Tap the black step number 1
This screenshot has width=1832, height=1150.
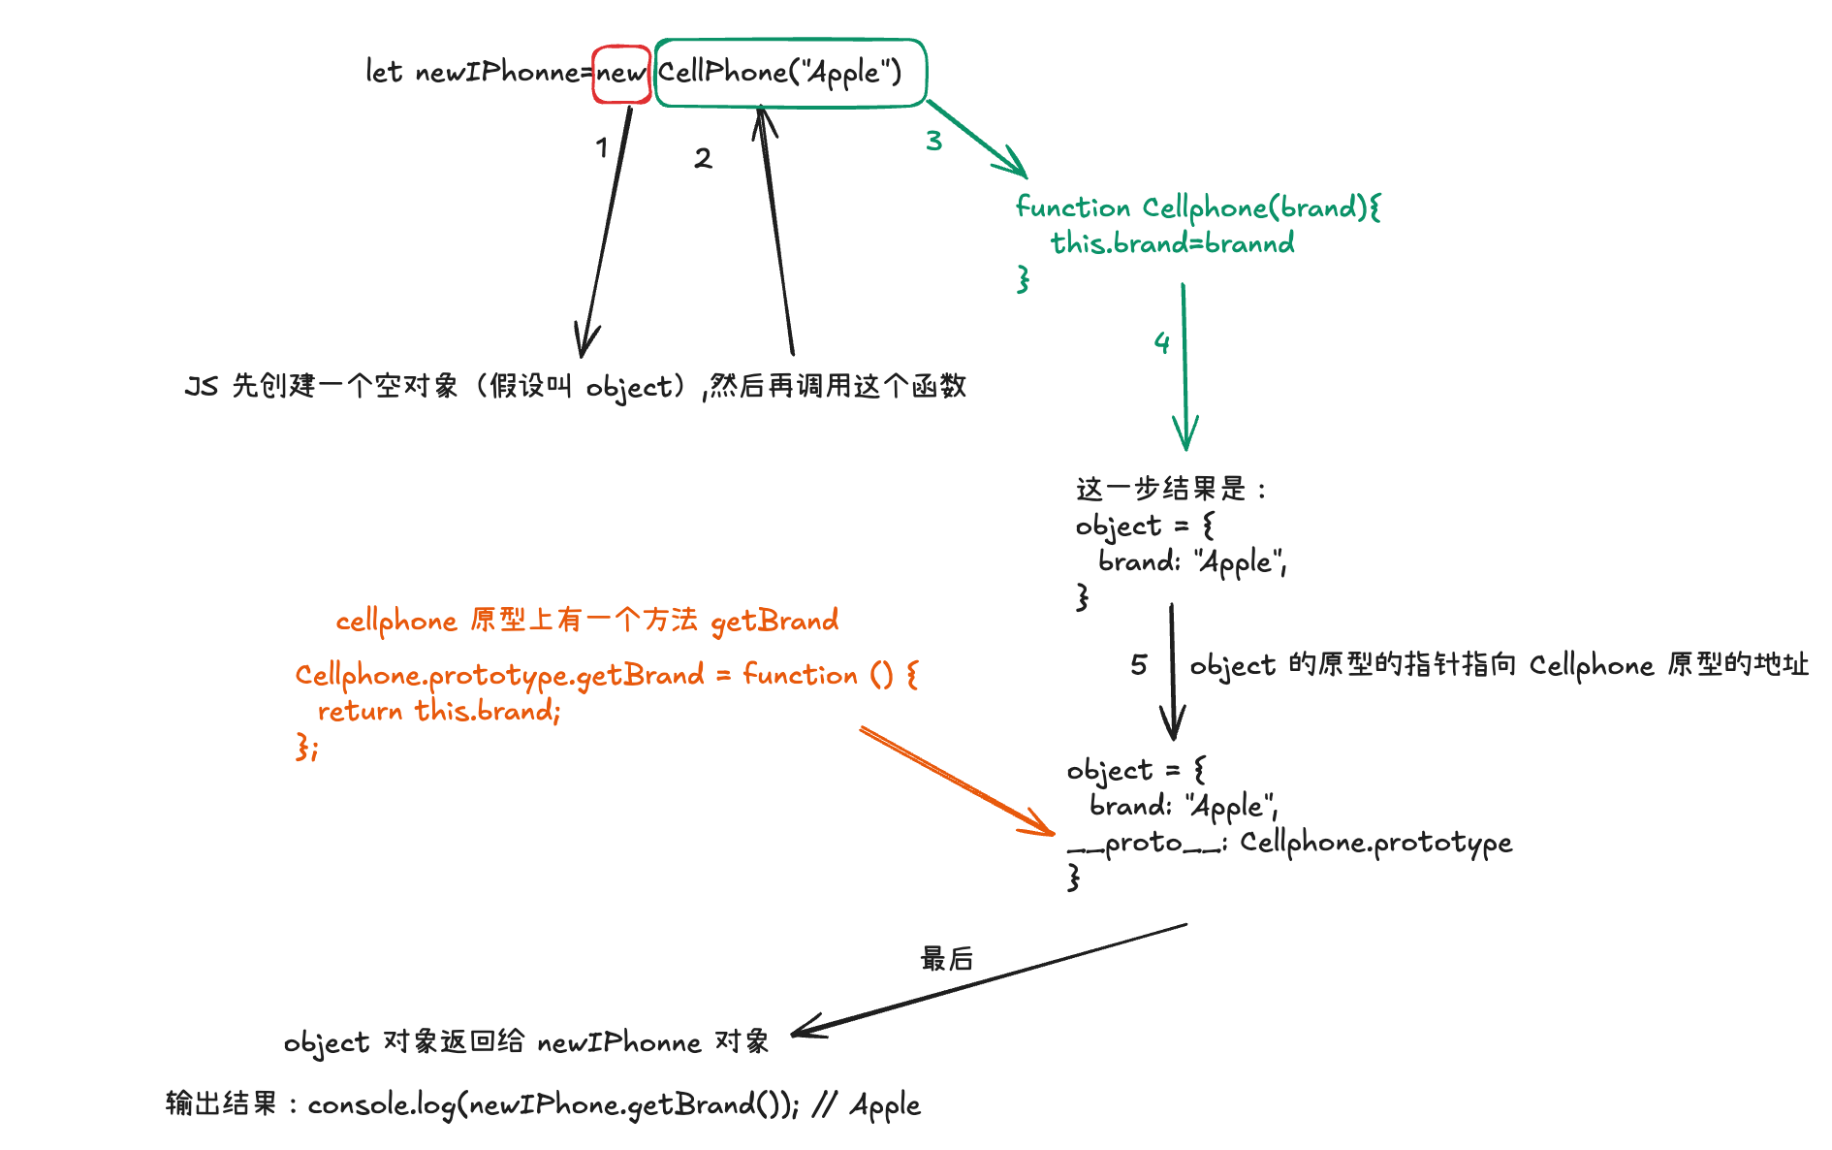602,148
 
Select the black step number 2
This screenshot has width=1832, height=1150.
703,158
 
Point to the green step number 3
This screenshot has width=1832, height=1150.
933,141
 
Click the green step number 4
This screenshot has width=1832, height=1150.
1161,342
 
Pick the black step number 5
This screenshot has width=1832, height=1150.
1139,665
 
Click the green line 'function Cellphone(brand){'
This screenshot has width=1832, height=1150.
1198,208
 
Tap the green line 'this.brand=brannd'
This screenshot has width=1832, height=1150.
1172,243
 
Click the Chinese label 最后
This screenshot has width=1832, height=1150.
946,959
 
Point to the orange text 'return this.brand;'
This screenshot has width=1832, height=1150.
439,711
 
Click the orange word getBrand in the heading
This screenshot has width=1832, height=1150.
774,621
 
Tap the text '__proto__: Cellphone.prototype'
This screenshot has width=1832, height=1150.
1289,843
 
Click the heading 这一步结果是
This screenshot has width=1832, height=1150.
1161,489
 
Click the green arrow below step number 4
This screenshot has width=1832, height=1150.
1184,368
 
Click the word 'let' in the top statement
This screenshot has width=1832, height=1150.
383,72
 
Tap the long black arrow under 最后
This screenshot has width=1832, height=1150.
989,979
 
